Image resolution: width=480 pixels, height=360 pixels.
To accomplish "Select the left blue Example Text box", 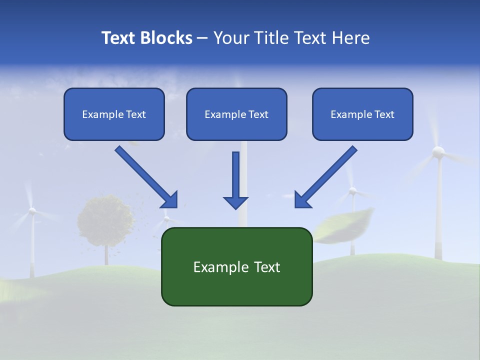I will pos(114,114).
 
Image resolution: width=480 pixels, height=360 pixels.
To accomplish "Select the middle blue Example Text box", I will pos(236,114).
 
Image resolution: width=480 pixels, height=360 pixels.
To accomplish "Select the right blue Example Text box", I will pos(362,114).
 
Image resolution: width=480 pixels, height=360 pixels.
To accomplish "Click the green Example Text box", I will pos(236,266).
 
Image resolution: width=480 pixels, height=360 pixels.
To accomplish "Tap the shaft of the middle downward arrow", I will pos(235,172).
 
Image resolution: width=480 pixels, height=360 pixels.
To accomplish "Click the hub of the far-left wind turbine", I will pos(32,211).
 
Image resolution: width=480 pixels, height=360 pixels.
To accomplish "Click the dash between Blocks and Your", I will pos(202,38).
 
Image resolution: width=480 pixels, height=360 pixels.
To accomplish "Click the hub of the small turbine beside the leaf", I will pos(352,191).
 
